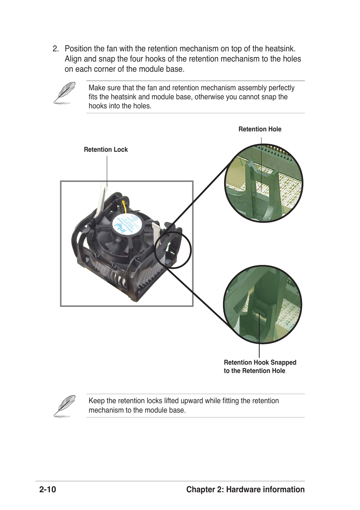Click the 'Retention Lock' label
(106, 149)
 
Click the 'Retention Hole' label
(260, 129)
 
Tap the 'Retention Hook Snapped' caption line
(260, 362)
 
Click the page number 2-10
(48, 490)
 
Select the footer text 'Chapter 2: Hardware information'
(245, 490)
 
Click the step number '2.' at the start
(56, 49)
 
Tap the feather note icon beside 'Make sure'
(64, 93)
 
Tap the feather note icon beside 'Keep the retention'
(64, 406)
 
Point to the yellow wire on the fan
(124, 206)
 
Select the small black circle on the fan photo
(173, 250)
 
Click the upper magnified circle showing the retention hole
(263, 183)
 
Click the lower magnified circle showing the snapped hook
(263, 304)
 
